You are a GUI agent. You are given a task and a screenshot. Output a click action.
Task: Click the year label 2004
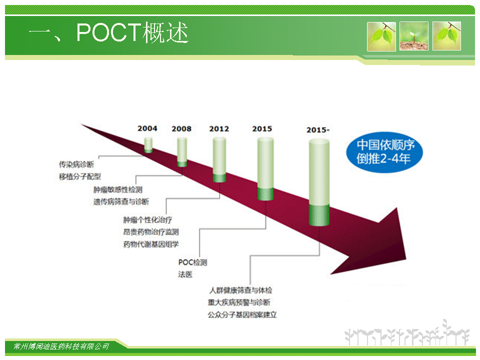tap(147, 128)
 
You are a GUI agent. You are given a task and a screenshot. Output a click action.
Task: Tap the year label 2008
tap(181, 129)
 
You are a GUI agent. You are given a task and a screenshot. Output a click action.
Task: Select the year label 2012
tap(219, 129)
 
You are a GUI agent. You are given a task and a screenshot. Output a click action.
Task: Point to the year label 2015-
tap(318, 130)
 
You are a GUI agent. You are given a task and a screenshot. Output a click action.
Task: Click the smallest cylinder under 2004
tap(148, 145)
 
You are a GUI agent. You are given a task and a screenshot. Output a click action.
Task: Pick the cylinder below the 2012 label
tap(219, 160)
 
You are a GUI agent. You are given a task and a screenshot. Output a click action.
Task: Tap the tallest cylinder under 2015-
tap(319, 182)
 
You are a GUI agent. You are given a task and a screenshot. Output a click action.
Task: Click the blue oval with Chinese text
tap(384, 152)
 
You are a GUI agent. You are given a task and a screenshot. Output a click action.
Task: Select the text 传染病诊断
tap(76, 164)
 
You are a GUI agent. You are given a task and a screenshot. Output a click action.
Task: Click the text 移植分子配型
tap(80, 176)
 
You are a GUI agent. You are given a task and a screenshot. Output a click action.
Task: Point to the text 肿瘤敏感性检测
tap(118, 190)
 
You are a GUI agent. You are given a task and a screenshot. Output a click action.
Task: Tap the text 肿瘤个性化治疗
tap(147, 220)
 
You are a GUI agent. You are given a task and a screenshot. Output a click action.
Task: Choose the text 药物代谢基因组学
tap(151, 244)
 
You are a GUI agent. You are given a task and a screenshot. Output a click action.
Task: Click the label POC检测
tap(192, 262)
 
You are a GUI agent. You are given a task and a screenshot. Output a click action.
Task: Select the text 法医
tap(185, 274)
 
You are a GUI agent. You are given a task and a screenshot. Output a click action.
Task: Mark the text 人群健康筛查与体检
tap(240, 290)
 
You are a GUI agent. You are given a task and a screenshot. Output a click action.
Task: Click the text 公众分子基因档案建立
tap(242, 314)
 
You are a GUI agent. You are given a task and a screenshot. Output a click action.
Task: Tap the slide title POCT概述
tap(132, 32)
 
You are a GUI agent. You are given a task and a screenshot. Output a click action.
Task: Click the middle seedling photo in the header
tap(414, 36)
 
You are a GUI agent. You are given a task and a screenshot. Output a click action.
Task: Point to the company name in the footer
tap(61, 346)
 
